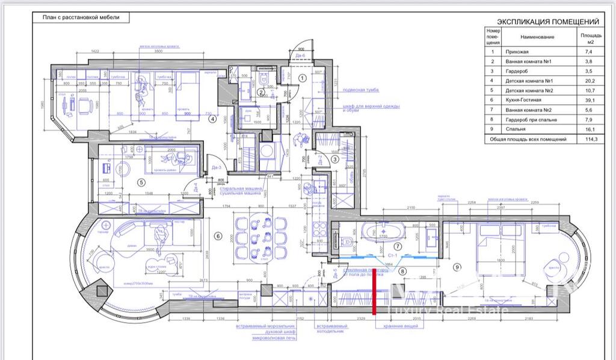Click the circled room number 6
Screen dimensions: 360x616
pos(218,236)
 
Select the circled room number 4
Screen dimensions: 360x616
pos(212,119)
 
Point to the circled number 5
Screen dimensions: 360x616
pos(141,182)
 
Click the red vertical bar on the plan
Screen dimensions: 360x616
pos(376,292)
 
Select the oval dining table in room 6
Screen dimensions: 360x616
pos(260,237)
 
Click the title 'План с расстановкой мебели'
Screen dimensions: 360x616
pos(81,17)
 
